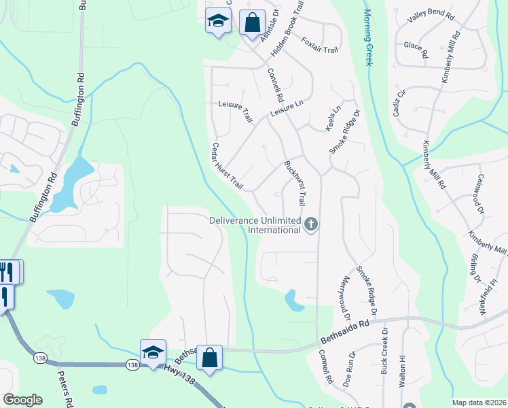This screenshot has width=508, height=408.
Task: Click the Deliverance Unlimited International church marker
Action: (x=311, y=223)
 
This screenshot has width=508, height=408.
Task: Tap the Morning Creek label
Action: (x=368, y=37)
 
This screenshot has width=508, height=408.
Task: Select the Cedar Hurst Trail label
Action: (x=227, y=166)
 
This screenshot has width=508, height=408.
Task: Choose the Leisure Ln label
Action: (x=286, y=108)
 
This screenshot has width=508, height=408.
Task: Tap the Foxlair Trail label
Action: (x=319, y=46)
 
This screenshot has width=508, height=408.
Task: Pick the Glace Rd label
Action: (x=415, y=49)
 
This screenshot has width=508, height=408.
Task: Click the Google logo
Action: (x=23, y=400)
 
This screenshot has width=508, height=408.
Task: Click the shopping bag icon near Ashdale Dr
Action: (x=252, y=22)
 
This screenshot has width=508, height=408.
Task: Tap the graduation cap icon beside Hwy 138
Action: (x=153, y=352)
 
